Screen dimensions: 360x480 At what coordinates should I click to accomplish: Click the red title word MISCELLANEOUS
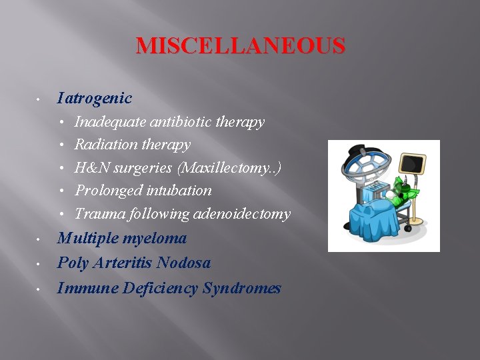coord(241,46)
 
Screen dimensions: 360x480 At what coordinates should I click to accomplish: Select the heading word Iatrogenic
coord(95,99)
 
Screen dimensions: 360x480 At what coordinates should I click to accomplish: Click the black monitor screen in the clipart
coord(412,163)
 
